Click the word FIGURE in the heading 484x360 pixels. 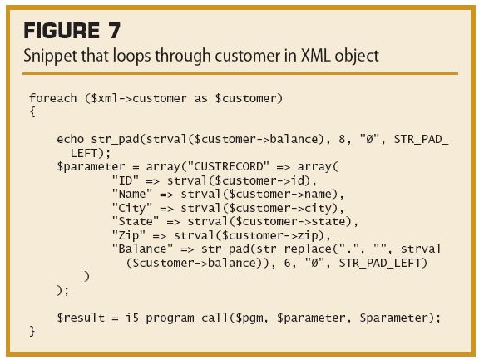[x=62, y=31]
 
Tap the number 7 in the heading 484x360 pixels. [x=114, y=31]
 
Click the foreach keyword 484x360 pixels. [x=53, y=98]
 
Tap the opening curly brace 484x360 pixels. [x=32, y=112]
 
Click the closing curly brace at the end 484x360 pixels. [x=32, y=331]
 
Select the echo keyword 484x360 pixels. [x=71, y=139]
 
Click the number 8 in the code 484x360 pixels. [x=342, y=139]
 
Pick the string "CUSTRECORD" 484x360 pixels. [x=229, y=166]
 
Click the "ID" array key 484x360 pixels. [x=126, y=180]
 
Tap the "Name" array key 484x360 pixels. [x=132, y=194]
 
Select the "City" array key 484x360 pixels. [x=132, y=208]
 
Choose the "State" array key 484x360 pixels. [x=136, y=221]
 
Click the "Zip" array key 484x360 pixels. [x=129, y=236]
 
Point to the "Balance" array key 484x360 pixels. [x=142, y=249]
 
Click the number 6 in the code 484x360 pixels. [x=287, y=263]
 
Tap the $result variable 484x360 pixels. [x=81, y=318]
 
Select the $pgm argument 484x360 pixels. [x=249, y=318]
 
